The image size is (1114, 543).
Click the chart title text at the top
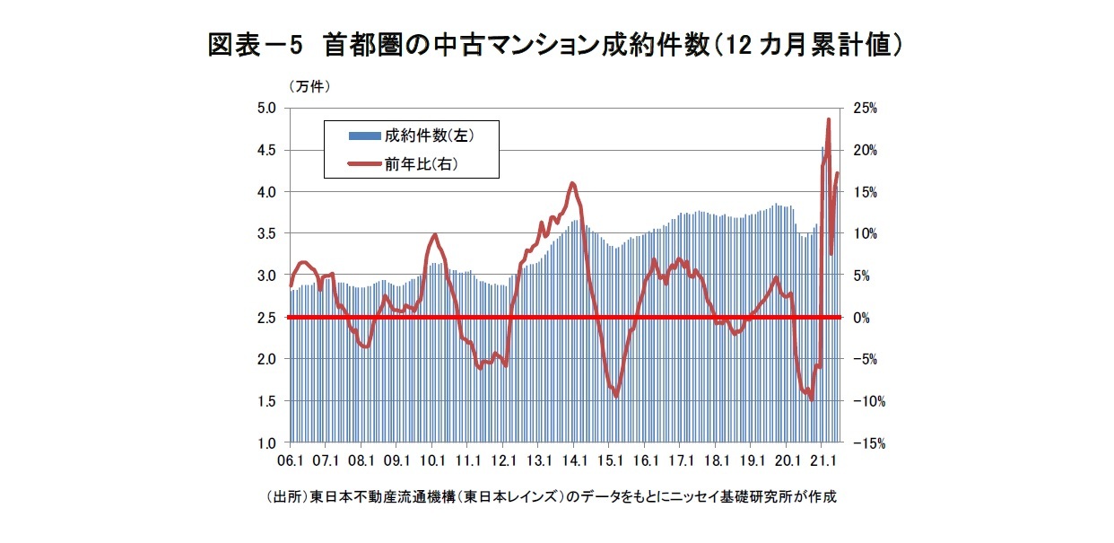point(556,45)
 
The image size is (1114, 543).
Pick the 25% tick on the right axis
point(866,109)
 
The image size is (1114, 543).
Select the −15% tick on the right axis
point(868,443)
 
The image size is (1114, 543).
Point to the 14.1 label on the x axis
point(573,461)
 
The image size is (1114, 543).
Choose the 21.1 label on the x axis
point(822,461)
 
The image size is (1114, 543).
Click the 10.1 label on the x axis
point(432,461)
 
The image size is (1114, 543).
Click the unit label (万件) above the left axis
point(310,87)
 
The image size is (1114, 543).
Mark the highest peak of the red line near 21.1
point(828,119)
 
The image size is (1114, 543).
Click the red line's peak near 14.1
point(572,183)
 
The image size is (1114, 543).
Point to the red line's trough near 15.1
point(615,395)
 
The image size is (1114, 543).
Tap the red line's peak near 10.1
point(435,235)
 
